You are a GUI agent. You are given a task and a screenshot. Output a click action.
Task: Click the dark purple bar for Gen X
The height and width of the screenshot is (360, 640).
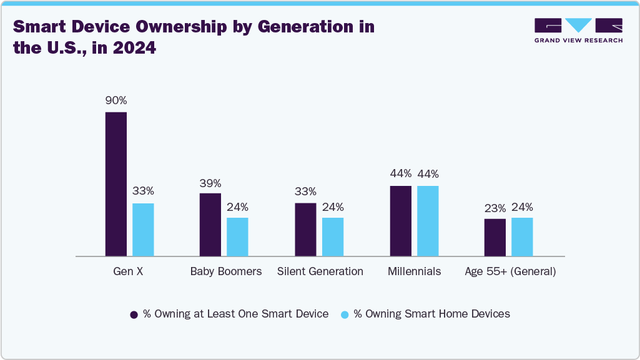click(x=116, y=184)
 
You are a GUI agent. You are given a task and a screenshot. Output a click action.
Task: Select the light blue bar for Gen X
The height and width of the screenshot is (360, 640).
click(x=143, y=230)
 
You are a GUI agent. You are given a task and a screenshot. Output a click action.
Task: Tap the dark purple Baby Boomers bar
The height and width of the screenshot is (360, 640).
click(x=210, y=225)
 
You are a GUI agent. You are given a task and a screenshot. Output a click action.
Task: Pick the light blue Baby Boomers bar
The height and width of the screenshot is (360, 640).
click(x=237, y=236)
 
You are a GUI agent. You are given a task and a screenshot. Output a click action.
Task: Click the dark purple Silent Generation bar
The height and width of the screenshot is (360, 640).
click(x=305, y=230)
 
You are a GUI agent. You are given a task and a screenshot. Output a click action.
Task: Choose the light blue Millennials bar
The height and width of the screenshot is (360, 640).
click(x=428, y=221)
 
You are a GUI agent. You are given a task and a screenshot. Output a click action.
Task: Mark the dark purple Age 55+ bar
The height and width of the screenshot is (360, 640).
click(x=495, y=237)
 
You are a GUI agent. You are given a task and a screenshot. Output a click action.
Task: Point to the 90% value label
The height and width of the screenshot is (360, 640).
click(x=116, y=100)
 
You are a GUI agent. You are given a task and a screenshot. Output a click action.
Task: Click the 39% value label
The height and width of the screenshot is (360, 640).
click(x=210, y=183)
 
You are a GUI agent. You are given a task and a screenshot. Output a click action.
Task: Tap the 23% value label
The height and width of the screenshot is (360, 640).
click(x=495, y=208)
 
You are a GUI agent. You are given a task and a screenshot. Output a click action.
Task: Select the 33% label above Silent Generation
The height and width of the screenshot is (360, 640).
click(x=305, y=192)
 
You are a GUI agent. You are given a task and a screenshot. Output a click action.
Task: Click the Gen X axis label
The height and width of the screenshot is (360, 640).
click(x=128, y=271)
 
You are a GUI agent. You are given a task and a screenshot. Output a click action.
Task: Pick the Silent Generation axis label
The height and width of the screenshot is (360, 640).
click(x=320, y=271)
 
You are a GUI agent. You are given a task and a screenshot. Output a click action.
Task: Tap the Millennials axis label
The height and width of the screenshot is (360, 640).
click(x=414, y=271)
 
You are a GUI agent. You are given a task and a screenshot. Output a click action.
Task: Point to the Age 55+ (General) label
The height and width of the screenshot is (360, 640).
click(x=510, y=271)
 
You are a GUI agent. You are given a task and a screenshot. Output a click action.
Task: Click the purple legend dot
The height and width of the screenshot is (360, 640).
click(x=134, y=314)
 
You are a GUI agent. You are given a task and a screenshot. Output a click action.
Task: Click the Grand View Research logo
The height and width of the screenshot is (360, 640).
click(x=578, y=30)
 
